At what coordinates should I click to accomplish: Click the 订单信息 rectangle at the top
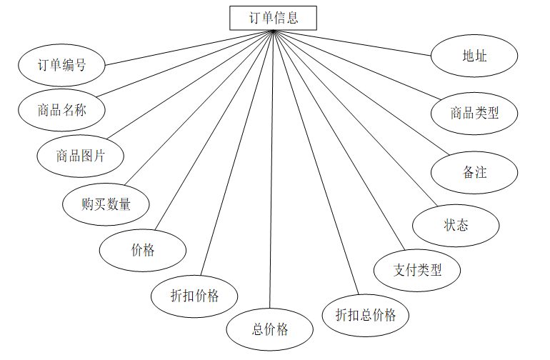[x=273, y=18]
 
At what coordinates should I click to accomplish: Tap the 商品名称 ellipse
[x=62, y=110]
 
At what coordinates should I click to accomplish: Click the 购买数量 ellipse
[x=106, y=204]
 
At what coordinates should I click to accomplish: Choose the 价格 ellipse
[x=143, y=250]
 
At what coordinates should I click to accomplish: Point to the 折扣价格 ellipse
[x=194, y=295]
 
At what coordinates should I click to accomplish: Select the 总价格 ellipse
[x=270, y=330]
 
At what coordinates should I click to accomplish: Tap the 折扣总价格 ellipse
[x=366, y=314]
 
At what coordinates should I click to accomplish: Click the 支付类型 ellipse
[x=418, y=270]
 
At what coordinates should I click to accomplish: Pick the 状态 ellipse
[x=456, y=225]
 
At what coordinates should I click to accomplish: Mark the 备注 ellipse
[x=474, y=172]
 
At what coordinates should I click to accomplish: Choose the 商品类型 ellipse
[x=474, y=113]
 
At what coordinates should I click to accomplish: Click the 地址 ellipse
[x=474, y=55]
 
